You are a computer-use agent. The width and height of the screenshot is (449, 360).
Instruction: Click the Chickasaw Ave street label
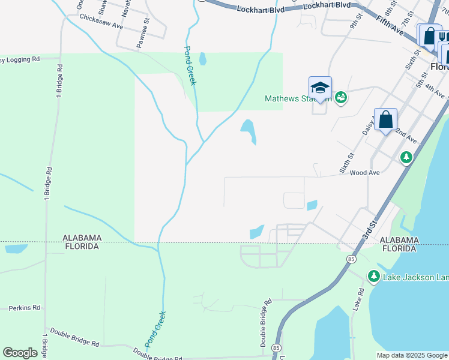click(101, 23)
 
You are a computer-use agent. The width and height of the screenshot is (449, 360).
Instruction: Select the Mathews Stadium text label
click(298, 99)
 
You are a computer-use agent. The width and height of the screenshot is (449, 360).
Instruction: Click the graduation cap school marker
click(320, 88)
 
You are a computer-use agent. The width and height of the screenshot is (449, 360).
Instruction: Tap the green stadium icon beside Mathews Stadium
click(341, 97)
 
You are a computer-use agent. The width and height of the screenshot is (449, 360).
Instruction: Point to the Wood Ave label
click(365, 173)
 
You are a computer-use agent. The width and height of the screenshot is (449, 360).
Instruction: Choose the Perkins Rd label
click(24, 308)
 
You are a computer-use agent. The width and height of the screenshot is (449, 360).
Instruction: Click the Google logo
click(20, 353)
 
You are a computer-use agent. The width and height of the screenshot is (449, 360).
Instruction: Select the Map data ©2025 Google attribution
click(412, 355)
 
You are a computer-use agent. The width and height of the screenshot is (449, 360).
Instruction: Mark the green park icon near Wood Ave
click(406, 157)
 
